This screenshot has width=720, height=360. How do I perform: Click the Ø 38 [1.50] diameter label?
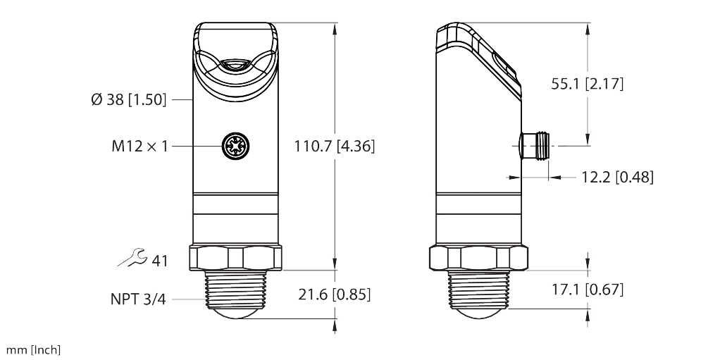tap(128, 100)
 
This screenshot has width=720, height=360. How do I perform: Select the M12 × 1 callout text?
tap(139, 147)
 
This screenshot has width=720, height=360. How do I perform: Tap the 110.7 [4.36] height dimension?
tap(334, 147)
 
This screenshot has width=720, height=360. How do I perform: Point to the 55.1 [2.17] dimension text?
tap(587, 84)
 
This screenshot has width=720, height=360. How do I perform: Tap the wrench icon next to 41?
tap(132, 259)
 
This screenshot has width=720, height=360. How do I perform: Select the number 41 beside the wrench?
tap(161, 261)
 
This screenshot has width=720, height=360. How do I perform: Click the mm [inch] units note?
tap(33, 350)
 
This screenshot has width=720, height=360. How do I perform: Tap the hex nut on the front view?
tap(235, 258)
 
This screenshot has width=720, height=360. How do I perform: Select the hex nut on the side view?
tap(478, 258)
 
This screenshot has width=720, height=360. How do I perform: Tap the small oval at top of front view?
tap(235, 66)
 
